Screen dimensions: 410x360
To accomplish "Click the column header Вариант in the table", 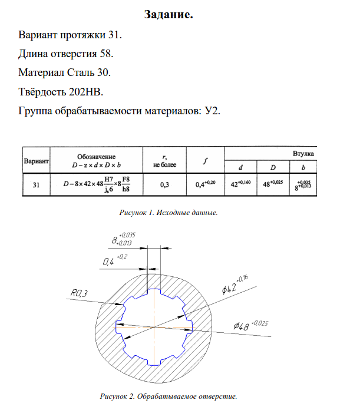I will click(36, 161).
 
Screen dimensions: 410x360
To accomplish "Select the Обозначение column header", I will click(96, 156).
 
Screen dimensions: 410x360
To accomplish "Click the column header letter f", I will click(204, 161).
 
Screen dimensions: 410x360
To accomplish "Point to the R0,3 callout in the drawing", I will click(78, 293).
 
